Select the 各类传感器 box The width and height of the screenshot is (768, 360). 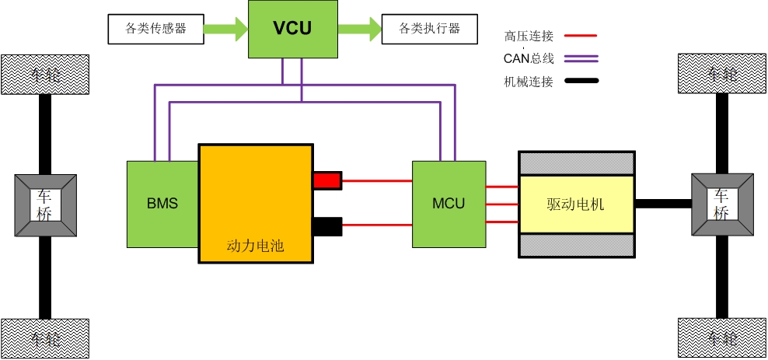155,29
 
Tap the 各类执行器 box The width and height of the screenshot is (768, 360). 429,29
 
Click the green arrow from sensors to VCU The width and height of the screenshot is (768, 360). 226,30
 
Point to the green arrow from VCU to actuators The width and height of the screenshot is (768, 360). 359,30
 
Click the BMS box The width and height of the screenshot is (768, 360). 162,204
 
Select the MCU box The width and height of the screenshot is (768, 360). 449,204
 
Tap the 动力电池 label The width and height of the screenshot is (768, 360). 256,246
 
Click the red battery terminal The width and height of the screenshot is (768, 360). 327,180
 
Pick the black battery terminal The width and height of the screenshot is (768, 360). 327,226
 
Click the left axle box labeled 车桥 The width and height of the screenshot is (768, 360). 45,205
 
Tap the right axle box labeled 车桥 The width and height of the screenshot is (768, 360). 722,205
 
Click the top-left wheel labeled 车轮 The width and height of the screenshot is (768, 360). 45,73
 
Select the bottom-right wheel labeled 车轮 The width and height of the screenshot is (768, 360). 722,337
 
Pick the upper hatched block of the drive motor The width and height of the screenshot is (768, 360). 576,163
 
